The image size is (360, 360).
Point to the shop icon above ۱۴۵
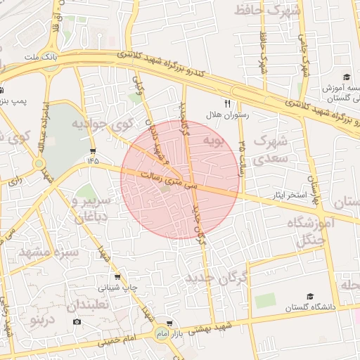(94, 151)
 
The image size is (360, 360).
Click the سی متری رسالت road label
(167, 182)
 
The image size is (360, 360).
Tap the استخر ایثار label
(293, 193)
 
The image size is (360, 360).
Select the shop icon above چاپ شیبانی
(116, 276)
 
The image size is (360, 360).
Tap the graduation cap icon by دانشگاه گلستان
(310, 296)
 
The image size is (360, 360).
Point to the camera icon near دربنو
(77, 321)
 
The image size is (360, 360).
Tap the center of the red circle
(180, 179)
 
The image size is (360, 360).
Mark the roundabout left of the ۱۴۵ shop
(39, 165)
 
